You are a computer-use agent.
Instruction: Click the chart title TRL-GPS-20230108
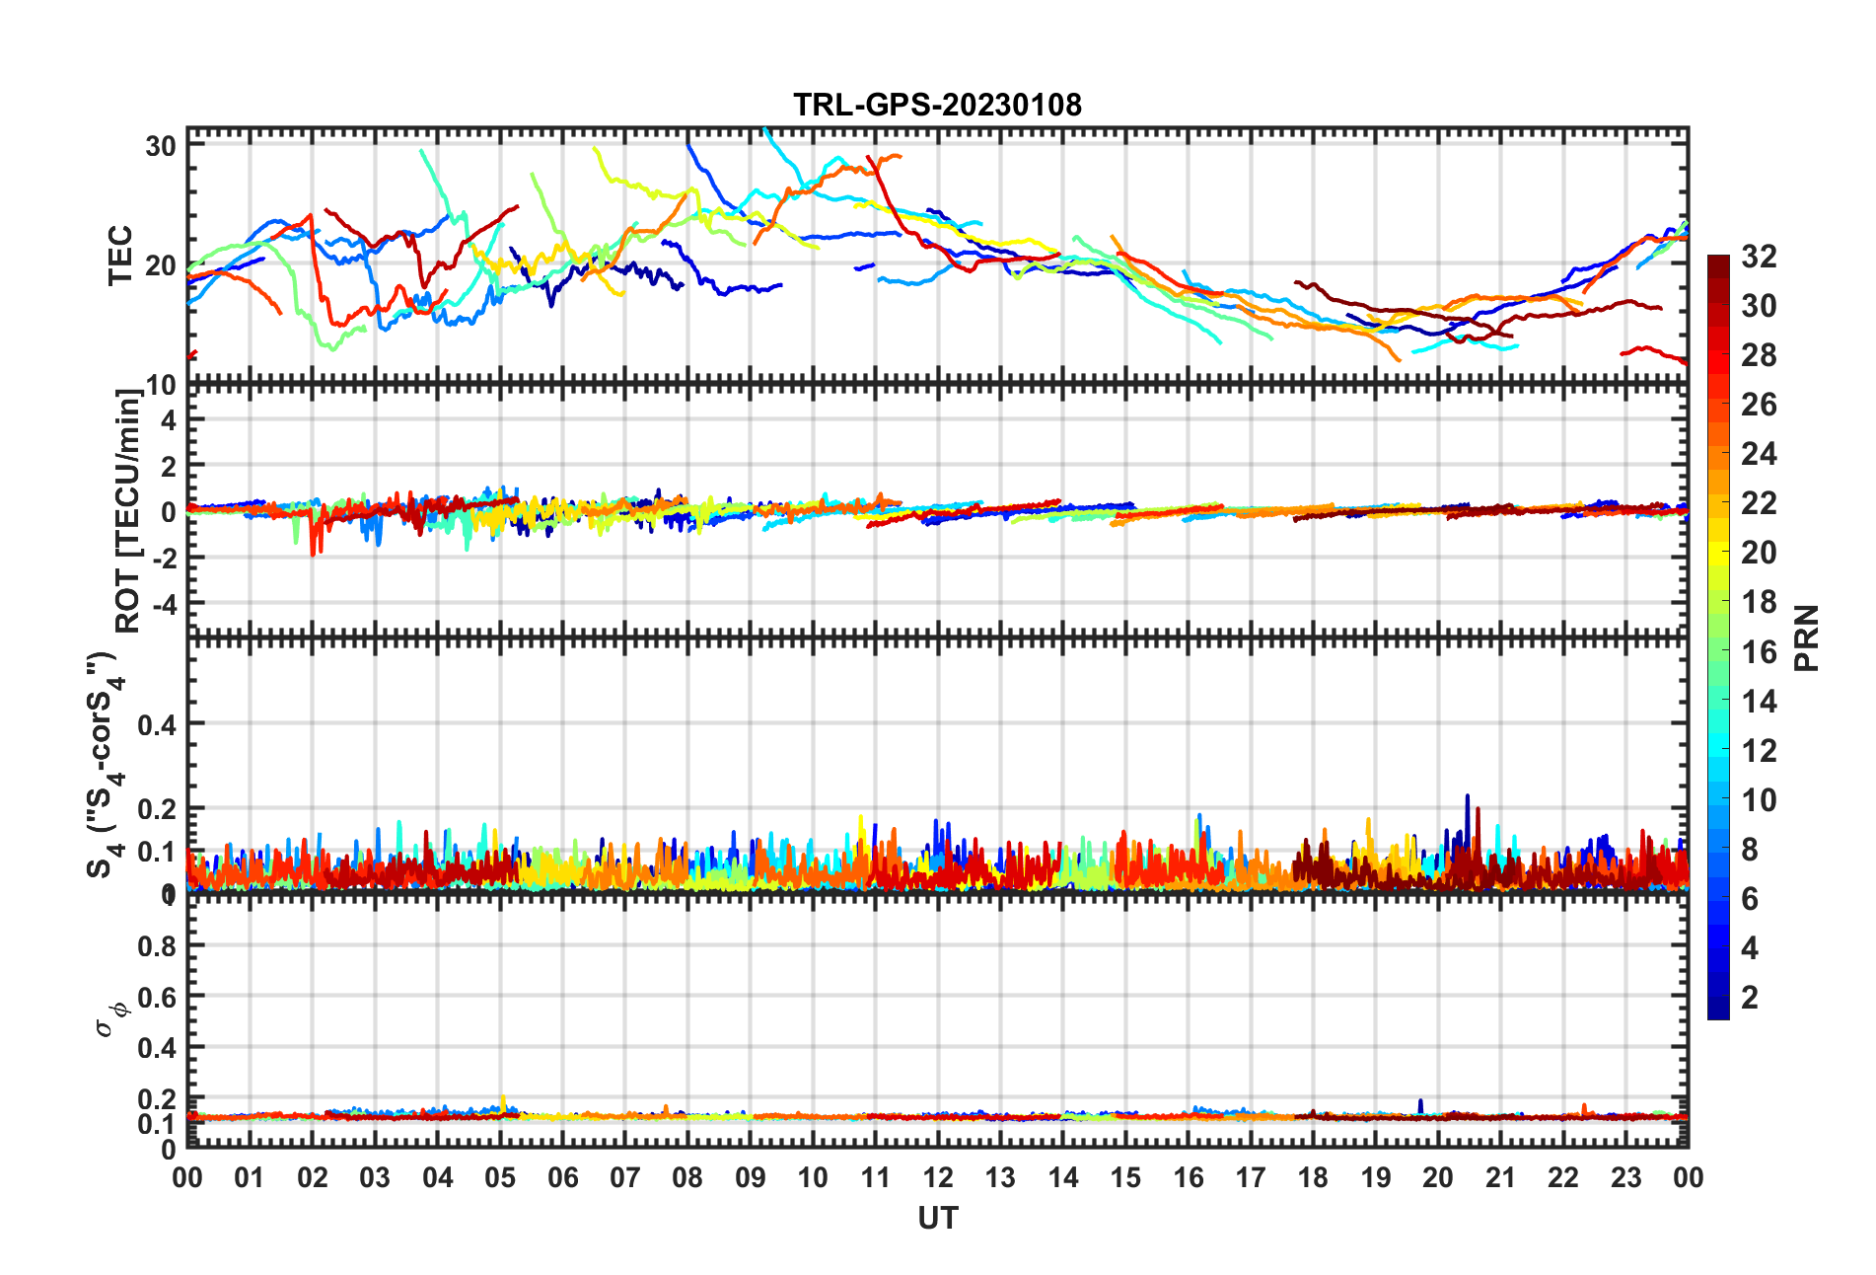[937, 105]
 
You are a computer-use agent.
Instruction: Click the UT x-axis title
[937, 1219]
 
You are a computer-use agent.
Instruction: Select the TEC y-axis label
[120, 256]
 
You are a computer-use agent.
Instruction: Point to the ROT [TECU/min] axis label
[128, 511]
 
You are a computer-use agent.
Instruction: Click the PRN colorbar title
[1807, 637]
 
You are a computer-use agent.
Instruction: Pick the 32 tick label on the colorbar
[1759, 257]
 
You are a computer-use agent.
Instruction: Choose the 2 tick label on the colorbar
[1750, 998]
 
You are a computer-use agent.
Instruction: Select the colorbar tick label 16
[1759, 651]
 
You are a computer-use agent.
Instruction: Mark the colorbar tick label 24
[1759, 454]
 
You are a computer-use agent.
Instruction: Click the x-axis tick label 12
[938, 1178]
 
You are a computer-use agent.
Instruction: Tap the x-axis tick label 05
[500, 1178]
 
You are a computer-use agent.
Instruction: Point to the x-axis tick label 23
[1625, 1178]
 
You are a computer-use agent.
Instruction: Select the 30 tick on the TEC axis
[161, 146]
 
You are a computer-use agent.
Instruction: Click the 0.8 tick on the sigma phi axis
[157, 945]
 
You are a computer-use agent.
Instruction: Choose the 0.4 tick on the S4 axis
[157, 724]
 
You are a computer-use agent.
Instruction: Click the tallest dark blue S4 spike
[1467, 797]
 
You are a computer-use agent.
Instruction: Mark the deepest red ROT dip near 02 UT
[314, 554]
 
